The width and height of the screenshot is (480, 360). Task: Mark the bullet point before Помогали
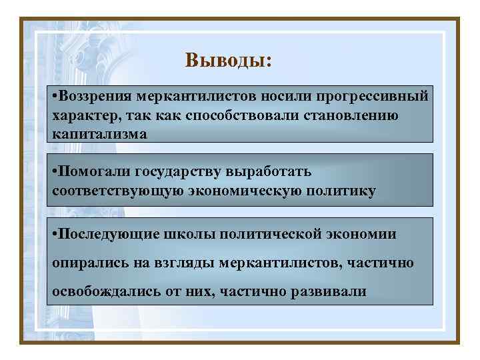pyautogui.click(x=54, y=172)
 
